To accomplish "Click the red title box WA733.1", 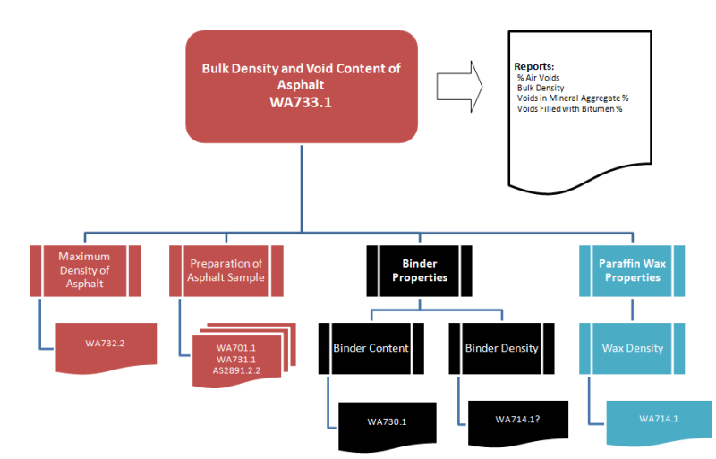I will tap(301, 86).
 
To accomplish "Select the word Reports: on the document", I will tap(534, 67).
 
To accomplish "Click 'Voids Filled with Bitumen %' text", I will tap(569, 108).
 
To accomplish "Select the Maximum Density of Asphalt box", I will tap(84, 270).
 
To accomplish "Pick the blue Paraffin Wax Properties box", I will tap(629, 270).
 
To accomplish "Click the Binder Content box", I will tap(371, 348).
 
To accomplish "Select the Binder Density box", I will tap(501, 348).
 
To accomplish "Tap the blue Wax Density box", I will tap(632, 348).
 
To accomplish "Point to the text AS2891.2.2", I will tap(236, 370).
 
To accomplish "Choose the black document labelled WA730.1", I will tap(387, 421).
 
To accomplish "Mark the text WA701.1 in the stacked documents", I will tap(236, 347).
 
